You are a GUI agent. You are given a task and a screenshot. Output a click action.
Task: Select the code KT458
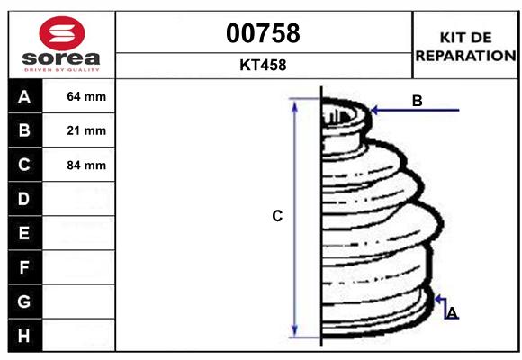[262, 66]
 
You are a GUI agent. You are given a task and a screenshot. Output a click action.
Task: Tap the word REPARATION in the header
[465, 55]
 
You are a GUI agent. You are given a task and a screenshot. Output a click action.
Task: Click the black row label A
[24, 96]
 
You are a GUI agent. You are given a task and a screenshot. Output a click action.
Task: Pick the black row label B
[24, 130]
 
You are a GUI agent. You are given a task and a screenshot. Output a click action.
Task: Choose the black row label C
[24, 165]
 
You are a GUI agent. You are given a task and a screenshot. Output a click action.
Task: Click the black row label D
[24, 199]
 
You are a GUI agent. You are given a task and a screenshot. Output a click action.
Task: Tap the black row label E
[24, 233]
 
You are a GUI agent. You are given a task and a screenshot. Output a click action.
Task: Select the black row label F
[24, 267]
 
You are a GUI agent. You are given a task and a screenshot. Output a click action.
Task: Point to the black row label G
[24, 301]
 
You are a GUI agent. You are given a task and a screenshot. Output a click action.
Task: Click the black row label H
[24, 336]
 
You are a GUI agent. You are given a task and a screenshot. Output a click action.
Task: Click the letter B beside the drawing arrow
[417, 101]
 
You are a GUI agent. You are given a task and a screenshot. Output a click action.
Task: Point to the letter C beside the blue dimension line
[278, 216]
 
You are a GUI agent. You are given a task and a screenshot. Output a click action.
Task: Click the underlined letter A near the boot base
[452, 312]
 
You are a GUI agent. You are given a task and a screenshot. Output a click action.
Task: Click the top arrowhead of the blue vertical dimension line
[295, 106]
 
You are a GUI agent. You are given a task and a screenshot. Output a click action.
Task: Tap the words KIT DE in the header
[465, 38]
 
